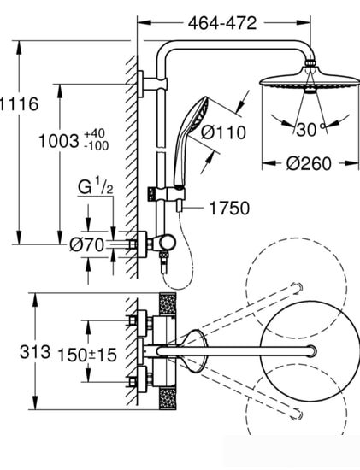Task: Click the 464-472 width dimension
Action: coord(222,23)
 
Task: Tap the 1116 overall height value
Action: coord(19,104)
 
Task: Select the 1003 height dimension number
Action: coord(59,141)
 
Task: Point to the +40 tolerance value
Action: coord(95,132)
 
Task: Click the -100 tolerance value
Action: coord(97,146)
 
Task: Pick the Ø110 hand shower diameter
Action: coord(223,132)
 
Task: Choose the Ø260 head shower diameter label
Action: coord(309,163)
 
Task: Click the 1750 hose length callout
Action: coord(229,208)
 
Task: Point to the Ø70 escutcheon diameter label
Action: coord(87,245)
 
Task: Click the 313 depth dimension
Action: coord(35,351)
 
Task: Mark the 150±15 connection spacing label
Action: coord(87,355)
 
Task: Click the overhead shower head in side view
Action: coord(310,79)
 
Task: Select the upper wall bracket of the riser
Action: coord(152,85)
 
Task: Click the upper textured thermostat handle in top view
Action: coord(168,304)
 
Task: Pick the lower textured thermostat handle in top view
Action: coord(168,398)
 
